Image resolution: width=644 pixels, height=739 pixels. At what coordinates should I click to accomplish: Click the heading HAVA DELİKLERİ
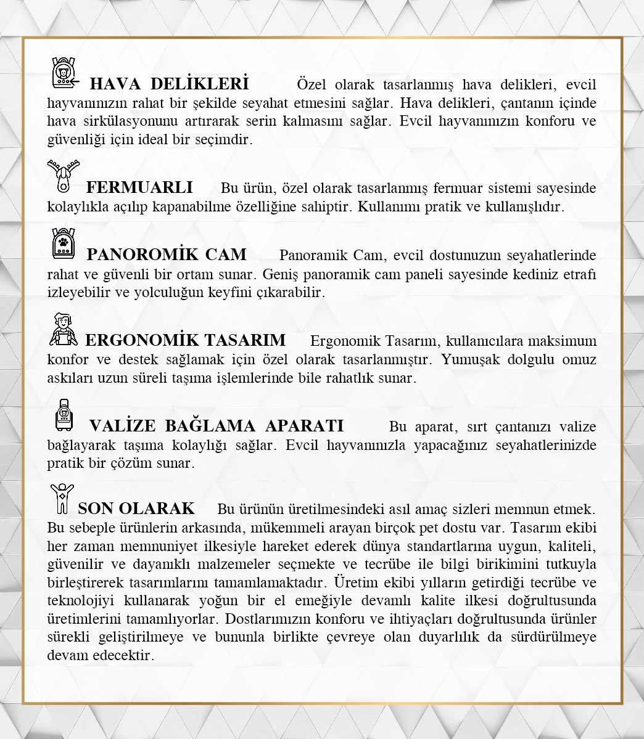(x=169, y=83)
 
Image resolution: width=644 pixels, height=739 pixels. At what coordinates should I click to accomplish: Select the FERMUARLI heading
(x=139, y=187)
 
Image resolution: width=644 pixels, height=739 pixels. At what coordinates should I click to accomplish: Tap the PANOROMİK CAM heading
(x=167, y=254)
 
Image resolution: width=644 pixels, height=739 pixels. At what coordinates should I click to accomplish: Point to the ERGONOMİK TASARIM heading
(x=185, y=340)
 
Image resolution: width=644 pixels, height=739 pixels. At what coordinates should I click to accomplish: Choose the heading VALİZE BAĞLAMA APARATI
(x=217, y=425)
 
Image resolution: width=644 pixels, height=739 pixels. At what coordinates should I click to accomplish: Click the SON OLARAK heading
(x=136, y=508)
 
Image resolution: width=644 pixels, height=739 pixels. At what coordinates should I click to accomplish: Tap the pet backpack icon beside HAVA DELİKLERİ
(x=64, y=73)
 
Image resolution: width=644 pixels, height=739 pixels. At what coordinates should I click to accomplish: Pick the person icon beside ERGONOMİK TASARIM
(x=63, y=330)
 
